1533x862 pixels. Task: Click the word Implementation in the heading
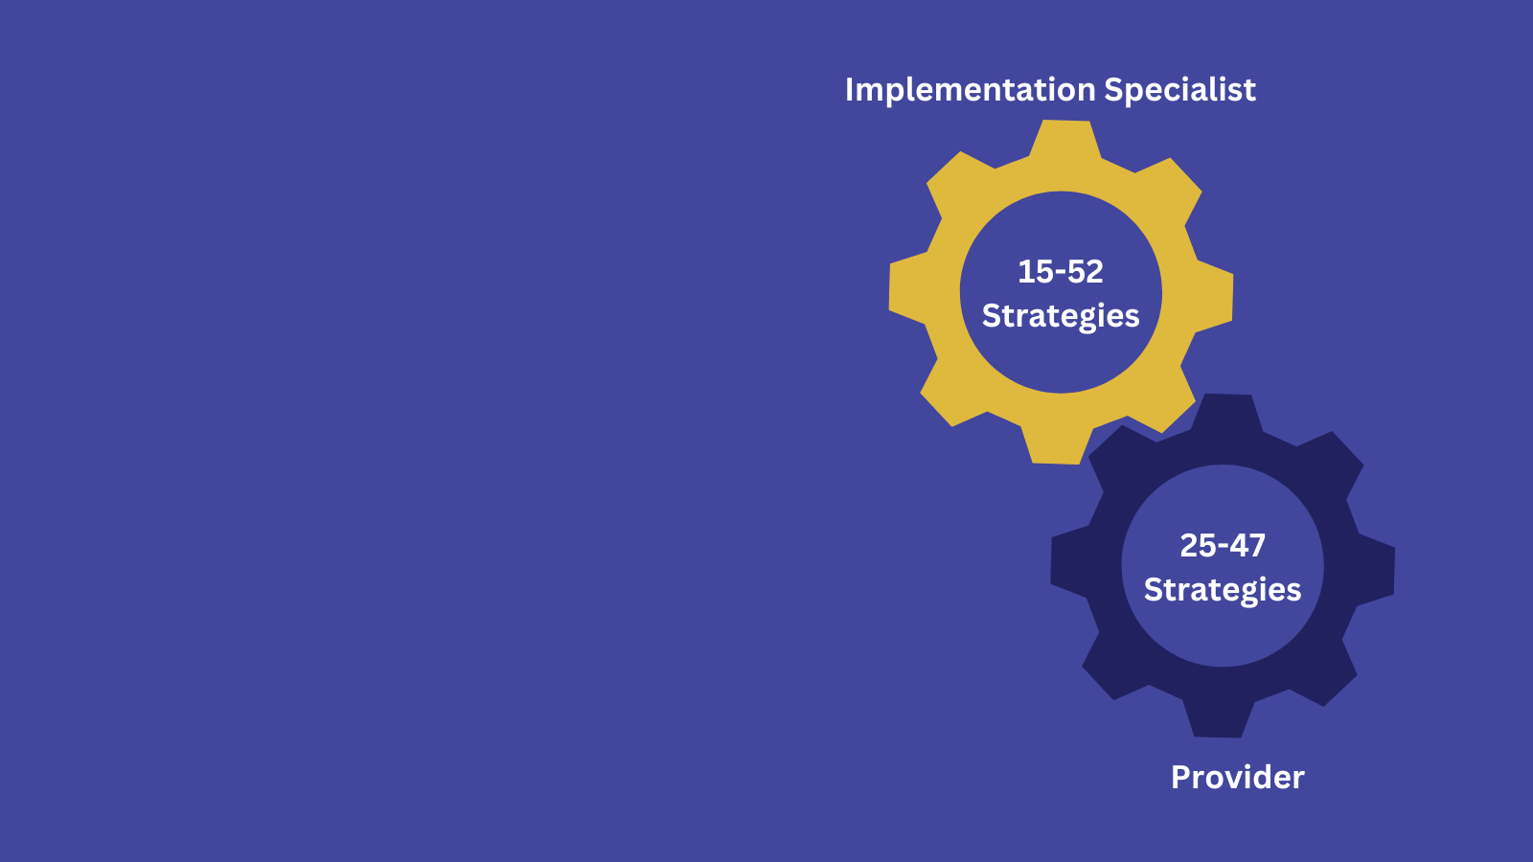970,90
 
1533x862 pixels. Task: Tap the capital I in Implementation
849,90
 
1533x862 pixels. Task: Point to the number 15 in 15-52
1032,272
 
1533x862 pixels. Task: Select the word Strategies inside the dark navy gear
1223,590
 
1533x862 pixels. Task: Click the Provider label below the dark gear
1237,778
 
